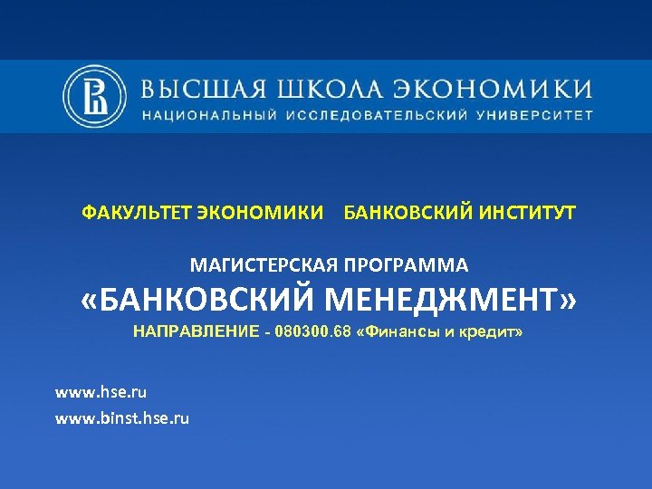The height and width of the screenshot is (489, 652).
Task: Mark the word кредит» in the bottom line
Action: click(490, 332)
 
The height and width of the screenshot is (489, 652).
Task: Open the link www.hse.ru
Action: click(101, 392)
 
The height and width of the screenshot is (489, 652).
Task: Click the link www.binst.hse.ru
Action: click(122, 417)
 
